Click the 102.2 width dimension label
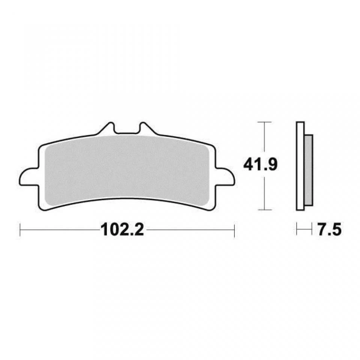122,229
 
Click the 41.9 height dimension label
260,165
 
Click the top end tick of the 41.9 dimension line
265,122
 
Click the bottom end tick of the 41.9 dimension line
265,210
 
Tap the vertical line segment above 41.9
265,139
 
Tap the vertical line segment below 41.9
265,193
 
